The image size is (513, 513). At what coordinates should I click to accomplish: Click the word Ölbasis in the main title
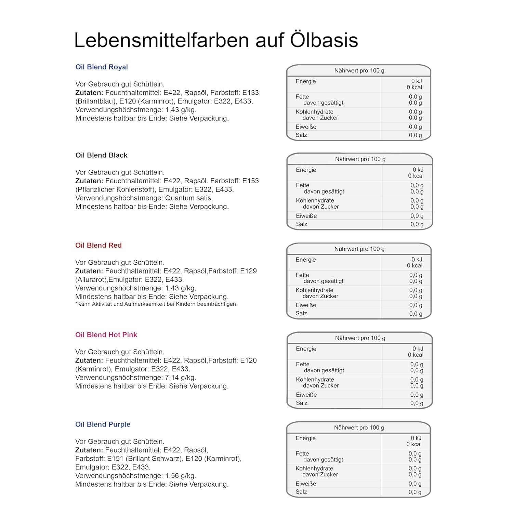tap(324, 40)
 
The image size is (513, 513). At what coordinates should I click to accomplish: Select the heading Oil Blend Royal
tap(102, 67)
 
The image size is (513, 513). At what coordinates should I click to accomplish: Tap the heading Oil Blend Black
tap(101, 155)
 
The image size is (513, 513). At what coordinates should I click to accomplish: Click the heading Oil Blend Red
tap(98, 245)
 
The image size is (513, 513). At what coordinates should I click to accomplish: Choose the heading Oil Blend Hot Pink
tap(106, 335)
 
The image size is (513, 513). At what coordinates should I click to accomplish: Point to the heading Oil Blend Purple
tap(103, 424)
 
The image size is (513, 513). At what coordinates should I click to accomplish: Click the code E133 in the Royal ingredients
tap(250, 93)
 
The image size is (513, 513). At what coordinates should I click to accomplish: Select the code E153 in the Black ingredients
tap(250, 181)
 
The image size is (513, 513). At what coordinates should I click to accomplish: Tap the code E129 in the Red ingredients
tap(248, 271)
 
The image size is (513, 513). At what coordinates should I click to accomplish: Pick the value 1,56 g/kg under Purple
tap(181, 476)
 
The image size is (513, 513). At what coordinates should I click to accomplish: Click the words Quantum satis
tap(189, 198)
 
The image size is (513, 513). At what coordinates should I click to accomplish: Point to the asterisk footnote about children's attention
tap(156, 304)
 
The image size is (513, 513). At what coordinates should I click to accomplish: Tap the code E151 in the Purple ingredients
tap(115, 459)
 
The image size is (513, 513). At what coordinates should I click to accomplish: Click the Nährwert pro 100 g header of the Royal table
tap(359, 70)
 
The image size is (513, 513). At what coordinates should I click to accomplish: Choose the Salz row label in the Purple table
tap(301, 492)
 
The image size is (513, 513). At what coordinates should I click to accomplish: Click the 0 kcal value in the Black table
tap(416, 176)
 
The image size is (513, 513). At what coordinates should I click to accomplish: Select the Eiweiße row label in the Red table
tap(306, 305)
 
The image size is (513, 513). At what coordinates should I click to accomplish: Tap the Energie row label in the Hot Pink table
tap(306, 349)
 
